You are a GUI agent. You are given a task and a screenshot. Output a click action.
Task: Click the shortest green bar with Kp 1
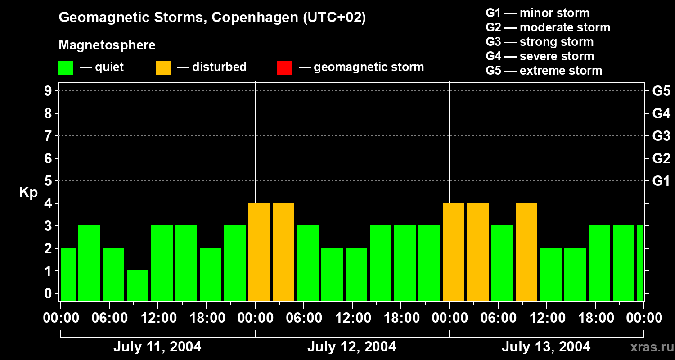coord(138,285)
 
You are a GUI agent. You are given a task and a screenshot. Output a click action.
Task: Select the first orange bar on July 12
coord(259,252)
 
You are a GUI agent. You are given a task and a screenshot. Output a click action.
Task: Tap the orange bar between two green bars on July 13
coord(526,252)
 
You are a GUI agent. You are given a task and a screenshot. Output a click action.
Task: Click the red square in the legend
coord(284,68)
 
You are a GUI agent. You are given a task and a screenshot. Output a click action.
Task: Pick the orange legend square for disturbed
coord(163,68)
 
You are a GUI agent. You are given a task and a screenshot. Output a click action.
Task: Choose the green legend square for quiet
coord(66,68)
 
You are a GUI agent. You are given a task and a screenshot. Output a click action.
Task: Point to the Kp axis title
coord(28,192)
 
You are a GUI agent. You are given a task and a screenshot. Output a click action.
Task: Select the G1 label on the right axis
coord(661,181)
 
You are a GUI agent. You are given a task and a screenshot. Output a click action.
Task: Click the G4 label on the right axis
coord(661,113)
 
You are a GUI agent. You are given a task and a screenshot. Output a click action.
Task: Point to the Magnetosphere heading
coord(107,45)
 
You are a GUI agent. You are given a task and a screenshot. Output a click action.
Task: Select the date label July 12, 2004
coord(351,347)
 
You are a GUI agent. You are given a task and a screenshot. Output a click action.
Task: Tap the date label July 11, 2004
coord(157,347)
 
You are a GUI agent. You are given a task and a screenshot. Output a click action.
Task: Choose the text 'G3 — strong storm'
coord(540,42)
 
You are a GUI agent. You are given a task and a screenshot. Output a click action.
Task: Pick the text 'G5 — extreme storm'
coord(544,71)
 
